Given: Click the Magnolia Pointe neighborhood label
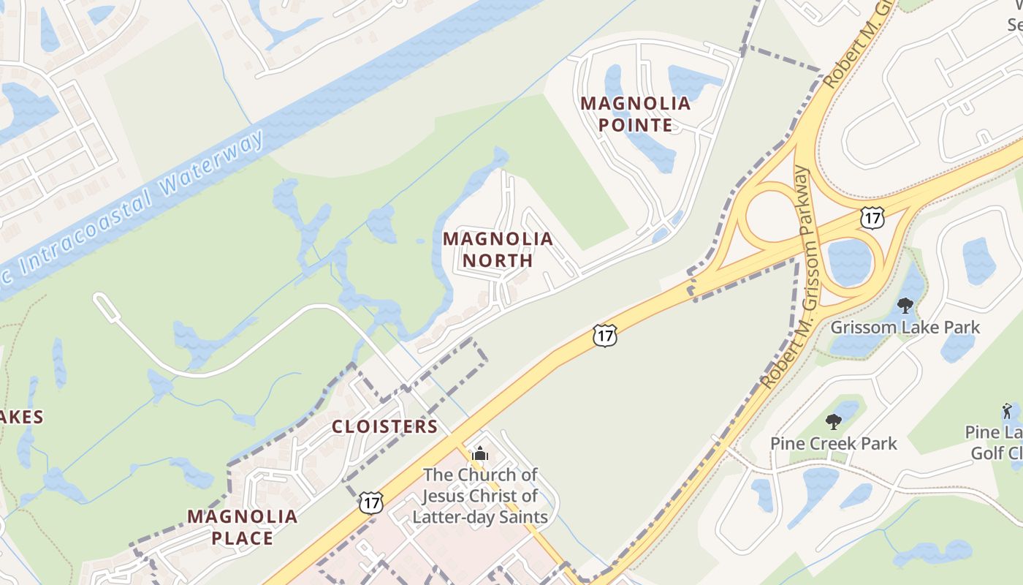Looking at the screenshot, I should pyautogui.click(x=636, y=114).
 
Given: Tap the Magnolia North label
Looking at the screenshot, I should pyautogui.click(x=498, y=249).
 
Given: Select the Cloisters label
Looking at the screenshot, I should pyautogui.click(x=385, y=426).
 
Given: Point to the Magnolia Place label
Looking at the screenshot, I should pyautogui.click(x=242, y=527).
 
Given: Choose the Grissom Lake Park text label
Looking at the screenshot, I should pyautogui.click(x=905, y=327).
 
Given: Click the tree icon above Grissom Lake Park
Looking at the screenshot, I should pyautogui.click(x=905, y=306).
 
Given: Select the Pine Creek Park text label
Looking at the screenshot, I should pyautogui.click(x=834, y=443).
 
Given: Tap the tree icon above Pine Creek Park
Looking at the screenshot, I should pyautogui.click(x=833, y=421).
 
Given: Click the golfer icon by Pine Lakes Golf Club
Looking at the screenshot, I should pyautogui.click(x=1007, y=412).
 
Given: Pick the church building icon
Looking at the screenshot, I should pyautogui.click(x=479, y=454).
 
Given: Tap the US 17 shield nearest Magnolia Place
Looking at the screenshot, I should pyautogui.click(x=371, y=502).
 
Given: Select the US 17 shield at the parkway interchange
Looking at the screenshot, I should pyautogui.click(x=872, y=217).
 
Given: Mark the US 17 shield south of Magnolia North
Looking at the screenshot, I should pyautogui.click(x=605, y=336).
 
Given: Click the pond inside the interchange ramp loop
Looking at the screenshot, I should pyautogui.click(x=850, y=261).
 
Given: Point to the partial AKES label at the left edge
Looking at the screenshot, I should pyautogui.click(x=21, y=418).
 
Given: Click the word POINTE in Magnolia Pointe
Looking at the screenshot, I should pyautogui.click(x=636, y=125).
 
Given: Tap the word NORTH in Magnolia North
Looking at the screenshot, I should pyautogui.click(x=498, y=260).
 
